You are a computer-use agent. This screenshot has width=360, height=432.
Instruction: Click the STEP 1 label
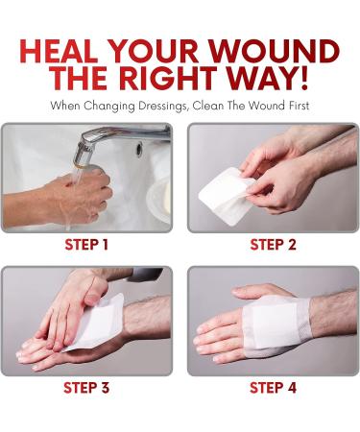pos(86,245)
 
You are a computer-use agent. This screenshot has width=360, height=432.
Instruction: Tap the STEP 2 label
pos(274,245)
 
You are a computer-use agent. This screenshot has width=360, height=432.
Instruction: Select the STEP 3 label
pos(86,389)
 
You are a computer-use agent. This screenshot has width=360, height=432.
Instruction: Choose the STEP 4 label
pos(274,389)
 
